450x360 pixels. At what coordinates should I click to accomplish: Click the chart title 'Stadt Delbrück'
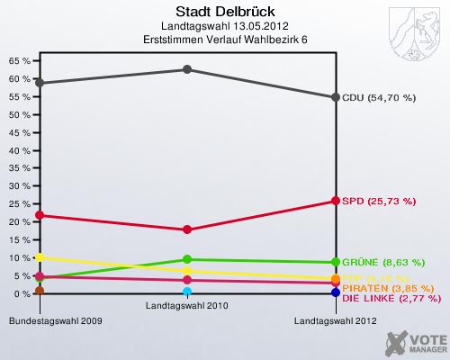coord(188,12)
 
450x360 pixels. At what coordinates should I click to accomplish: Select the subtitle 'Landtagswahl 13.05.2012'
coord(188,27)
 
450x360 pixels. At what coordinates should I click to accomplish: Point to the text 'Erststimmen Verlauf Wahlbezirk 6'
coord(188,40)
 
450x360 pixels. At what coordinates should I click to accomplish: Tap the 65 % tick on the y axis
coord(19,61)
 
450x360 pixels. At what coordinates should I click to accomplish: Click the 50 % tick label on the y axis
coord(19,115)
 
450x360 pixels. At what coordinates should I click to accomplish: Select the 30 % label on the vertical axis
coord(19,186)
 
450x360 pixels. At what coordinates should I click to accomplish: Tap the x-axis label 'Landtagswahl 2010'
coord(187,306)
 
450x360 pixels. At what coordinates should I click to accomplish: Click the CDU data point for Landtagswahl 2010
coord(187,69)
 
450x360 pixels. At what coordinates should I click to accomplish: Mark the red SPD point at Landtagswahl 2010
coord(187,229)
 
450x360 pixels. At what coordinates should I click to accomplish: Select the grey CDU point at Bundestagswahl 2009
coord(40,83)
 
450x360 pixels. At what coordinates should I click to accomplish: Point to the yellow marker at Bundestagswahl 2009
coord(40,257)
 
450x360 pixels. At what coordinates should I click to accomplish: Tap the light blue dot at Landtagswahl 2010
coord(187,292)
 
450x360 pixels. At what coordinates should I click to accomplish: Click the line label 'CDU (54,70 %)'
coord(378,97)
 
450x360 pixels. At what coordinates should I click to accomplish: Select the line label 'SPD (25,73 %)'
coord(378,200)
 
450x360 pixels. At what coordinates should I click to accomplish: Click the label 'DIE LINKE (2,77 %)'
coord(389,297)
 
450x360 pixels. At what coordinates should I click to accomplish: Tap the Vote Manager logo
coord(414,343)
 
